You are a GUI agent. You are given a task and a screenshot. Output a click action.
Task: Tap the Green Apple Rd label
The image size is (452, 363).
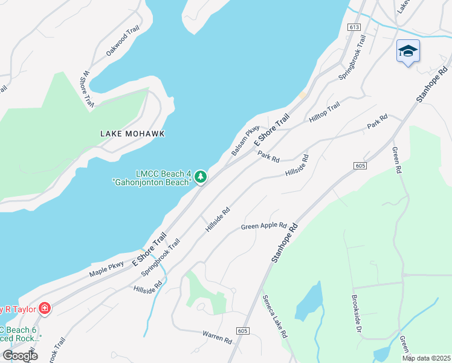[x=263, y=226]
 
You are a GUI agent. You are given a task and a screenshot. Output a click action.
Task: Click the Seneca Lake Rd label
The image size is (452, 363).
[x=275, y=316]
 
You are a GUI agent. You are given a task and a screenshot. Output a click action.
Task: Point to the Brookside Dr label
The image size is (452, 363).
[x=356, y=314]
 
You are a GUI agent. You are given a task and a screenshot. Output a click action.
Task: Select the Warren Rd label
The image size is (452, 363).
[x=217, y=337]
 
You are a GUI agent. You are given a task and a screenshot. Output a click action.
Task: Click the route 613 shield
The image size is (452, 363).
[x=355, y=27]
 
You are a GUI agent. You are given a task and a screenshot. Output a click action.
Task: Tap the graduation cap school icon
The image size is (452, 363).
[x=408, y=51]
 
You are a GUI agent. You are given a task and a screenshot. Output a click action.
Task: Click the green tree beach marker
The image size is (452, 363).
[x=201, y=177]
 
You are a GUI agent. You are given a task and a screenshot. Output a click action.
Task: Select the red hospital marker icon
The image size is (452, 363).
[x=44, y=309]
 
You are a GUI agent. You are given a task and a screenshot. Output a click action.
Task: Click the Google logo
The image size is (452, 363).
[x=20, y=355]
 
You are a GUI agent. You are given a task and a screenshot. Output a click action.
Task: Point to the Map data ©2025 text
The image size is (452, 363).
[x=425, y=358]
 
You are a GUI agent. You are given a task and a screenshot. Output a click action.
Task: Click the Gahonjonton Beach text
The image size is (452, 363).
[x=151, y=181]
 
